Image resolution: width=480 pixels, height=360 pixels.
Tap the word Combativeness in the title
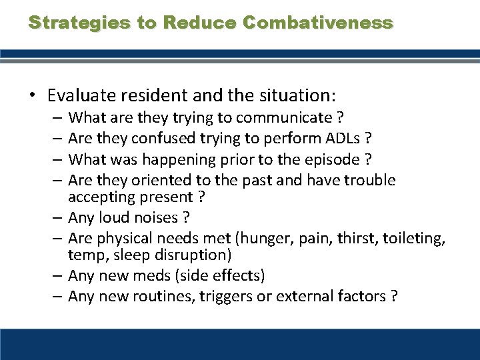click(318, 23)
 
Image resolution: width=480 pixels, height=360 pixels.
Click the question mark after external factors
click(393, 296)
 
